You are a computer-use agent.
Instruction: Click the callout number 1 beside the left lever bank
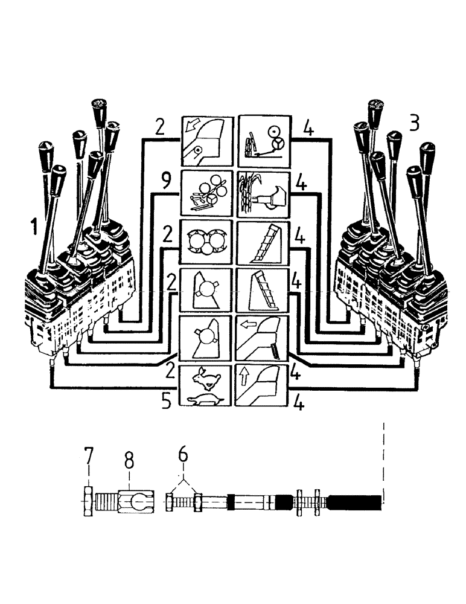click(36, 228)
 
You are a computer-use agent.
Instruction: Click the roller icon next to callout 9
click(206, 193)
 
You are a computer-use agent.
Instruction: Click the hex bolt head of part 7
click(88, 501)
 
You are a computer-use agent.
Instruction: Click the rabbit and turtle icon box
click(206, 386)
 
